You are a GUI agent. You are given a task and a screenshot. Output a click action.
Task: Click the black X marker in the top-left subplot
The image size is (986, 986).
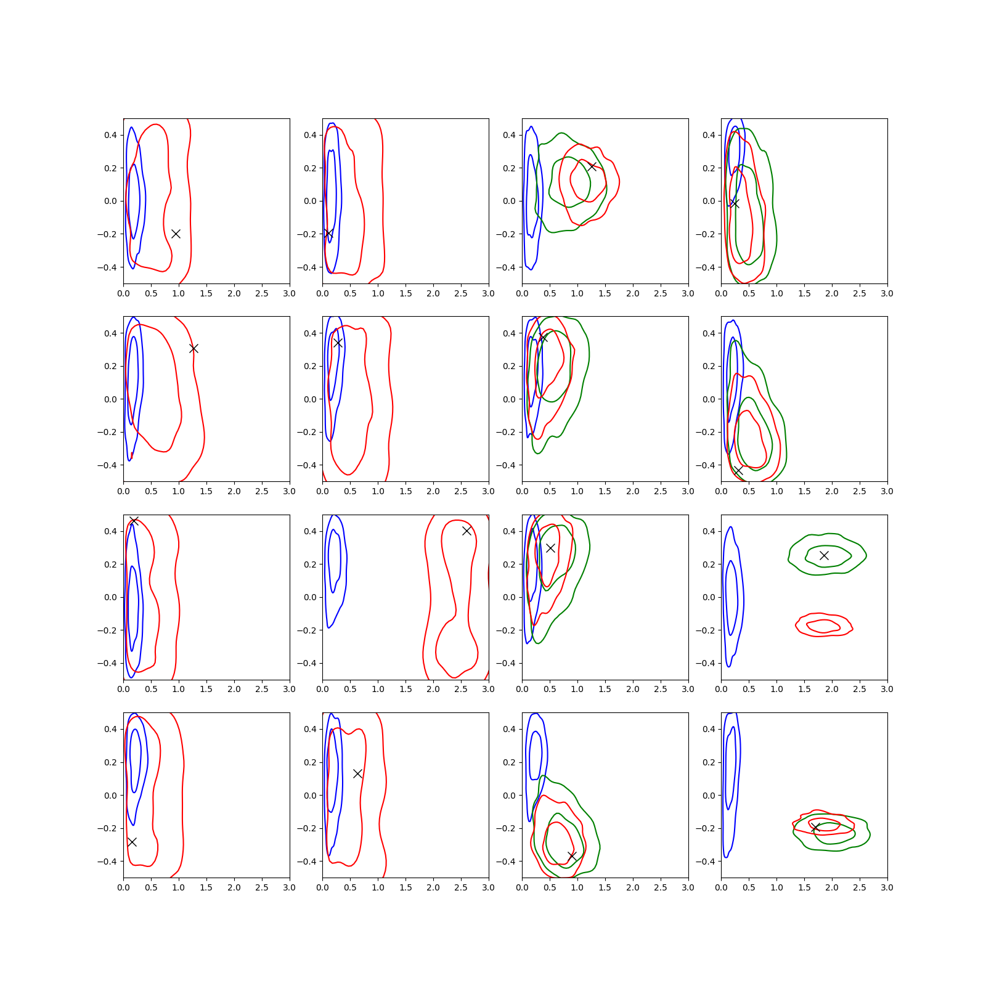pyautogui.click(x=176, y=234)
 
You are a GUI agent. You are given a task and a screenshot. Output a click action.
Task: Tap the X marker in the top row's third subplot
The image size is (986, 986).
pyautogui.click(x=592, y=166)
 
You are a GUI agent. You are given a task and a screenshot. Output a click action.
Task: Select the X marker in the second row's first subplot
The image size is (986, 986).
pyautogui.click(x=194, y=348)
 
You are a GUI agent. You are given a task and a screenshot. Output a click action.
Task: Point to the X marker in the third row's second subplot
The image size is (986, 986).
pyautogui.click(x=467, y=531)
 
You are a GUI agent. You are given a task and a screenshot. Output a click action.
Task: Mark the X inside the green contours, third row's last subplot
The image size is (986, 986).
pyautogui.click(x=824, y=555)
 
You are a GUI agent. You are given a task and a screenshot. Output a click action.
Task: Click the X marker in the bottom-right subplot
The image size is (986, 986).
pyautogui.click(x=815, y=828)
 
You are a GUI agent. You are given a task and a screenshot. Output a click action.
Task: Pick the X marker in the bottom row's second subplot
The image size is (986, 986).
pyautogui.click(x=357, y=773)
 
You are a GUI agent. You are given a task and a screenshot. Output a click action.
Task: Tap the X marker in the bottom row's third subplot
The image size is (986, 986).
pyautogui.click(x=572, y=856)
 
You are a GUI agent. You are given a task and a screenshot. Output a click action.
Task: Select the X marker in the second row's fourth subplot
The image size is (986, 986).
pyautogui.click(x=738, y=470)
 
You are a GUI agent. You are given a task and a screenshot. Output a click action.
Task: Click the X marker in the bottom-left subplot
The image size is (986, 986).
pyautogui.click(x=132, y=842)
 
